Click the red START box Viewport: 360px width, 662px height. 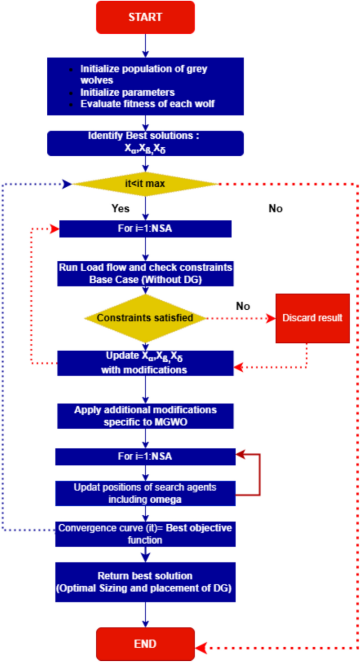click(x=146, y=17)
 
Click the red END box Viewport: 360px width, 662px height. click(x=146, y=644)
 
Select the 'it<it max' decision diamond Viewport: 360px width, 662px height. click(x=146, y=184)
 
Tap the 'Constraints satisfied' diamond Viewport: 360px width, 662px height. click(x=145, y=318)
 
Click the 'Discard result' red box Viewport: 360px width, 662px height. click(x=313, y=318)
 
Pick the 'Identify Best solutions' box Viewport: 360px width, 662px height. click(x=146, y=144)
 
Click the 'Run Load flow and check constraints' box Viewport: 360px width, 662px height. click(x=145, y=272)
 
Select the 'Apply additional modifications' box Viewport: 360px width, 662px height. click(x=145, y=415)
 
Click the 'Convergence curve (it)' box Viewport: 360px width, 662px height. click(x=145, y=534)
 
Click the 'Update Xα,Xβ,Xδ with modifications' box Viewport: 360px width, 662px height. click(x=145, y=363)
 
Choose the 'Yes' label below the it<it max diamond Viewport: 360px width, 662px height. click(x=120, y=209)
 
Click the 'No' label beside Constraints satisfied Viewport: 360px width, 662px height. click(x=243, y=307)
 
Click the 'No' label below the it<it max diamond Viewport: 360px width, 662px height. click(x=276, y=209)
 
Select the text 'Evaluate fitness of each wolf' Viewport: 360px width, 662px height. click(x=147, y=104)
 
